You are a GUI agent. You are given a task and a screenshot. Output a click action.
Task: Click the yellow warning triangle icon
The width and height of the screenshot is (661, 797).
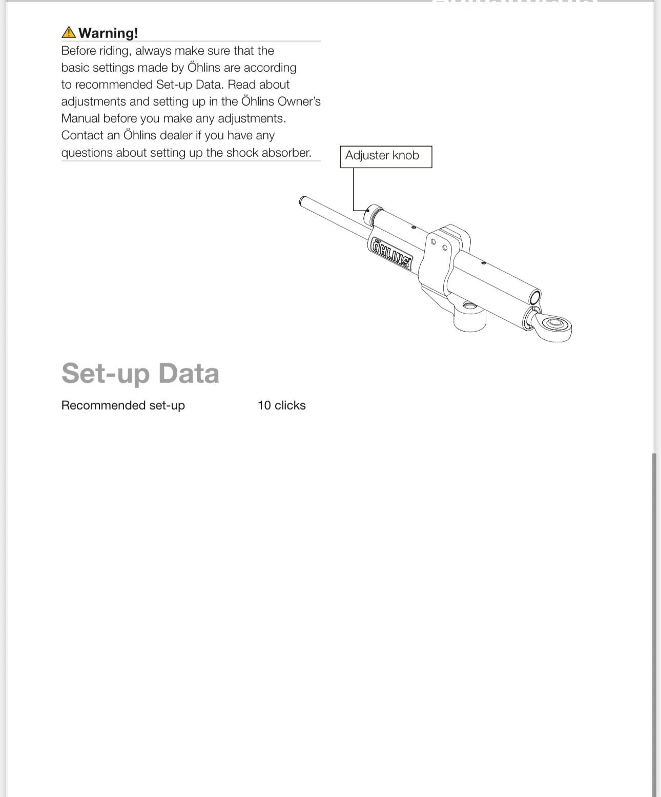68,32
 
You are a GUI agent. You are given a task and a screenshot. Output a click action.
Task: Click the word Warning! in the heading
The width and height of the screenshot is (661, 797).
108,33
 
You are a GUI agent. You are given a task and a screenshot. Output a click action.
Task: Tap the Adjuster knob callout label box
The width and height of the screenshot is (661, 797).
386,156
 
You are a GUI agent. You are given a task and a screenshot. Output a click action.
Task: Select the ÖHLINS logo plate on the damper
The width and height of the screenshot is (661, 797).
391,253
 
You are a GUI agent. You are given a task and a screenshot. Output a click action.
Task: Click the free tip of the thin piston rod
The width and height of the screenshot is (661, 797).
303,201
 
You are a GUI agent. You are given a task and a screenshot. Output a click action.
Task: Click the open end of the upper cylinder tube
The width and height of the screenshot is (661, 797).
534,298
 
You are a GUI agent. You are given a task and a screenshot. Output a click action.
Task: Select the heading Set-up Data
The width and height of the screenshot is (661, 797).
140,373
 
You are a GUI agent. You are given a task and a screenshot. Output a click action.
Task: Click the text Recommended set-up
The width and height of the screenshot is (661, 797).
123,405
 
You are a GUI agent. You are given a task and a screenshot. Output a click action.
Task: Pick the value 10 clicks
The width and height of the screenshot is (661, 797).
281,405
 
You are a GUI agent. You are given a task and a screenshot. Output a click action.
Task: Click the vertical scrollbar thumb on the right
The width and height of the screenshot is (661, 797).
654,615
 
